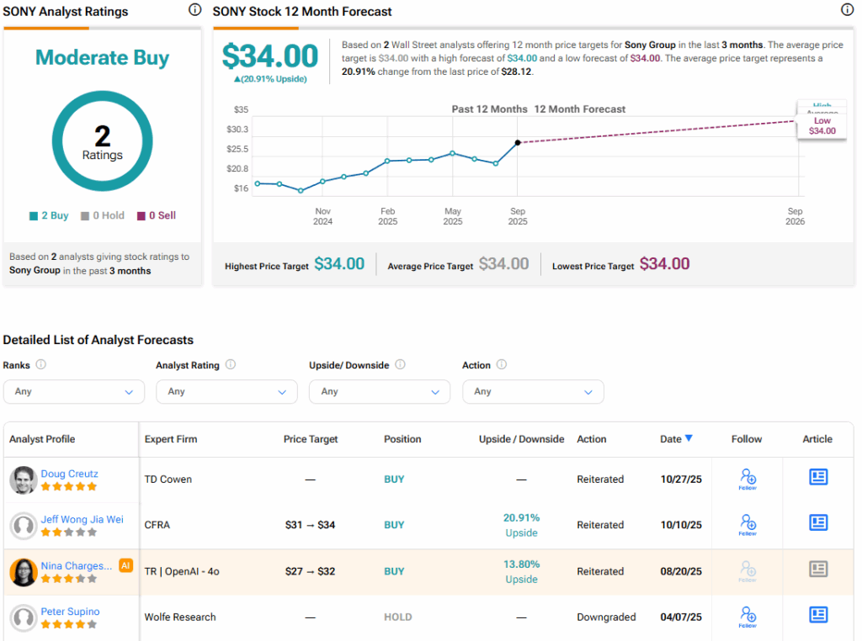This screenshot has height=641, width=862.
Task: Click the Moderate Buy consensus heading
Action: click(x=102, y=58)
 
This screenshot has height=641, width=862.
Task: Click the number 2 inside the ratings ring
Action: click(x=102, y=135)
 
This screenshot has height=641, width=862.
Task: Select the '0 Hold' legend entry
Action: click(x=103, y=216)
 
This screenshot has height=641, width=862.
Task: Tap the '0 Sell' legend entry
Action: click(x=157, y=216)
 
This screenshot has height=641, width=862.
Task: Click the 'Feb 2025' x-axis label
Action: click(x=387, y=216)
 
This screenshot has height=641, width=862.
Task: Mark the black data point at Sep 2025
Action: click(x=518, y=143)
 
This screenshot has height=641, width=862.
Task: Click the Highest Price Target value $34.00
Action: click(x=339, y=264)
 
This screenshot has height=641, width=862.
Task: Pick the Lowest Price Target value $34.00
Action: click(x=664, y=264)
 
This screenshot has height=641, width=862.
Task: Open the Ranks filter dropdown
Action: click(x=74, y=391)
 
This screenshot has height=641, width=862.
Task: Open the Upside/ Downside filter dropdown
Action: click(x=380, y=391)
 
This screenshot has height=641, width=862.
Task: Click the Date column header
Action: click(x=676, y=439)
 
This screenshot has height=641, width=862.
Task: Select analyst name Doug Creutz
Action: click(x=70, y=474)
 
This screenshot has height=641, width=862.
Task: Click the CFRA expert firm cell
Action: click(x=157, y=525)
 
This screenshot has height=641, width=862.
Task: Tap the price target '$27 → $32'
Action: click(x=310, y=571)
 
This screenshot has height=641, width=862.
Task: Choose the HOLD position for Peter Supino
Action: click(x=398, y=617)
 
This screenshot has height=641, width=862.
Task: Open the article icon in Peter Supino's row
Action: click(x=817, y=615)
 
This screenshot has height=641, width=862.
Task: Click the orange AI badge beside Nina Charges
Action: click(x=126, y=565)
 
